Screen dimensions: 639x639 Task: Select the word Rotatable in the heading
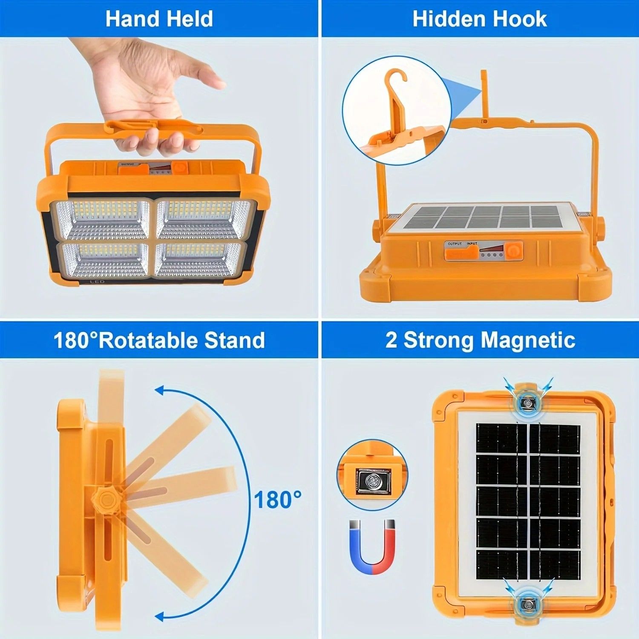coord(148,340)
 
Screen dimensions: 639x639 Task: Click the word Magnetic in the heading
coord(528,340)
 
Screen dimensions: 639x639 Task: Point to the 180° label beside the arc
coord(277,500)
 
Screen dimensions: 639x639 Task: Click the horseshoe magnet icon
coord(372,547)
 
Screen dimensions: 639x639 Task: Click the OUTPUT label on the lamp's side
coord(455,244)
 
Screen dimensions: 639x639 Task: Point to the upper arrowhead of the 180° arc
coord(160,390)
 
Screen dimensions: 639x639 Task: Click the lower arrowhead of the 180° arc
coord(160,616)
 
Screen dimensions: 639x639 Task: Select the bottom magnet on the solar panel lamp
coord(527,604)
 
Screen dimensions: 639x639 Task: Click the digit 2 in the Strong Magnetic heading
coord(391,340)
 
